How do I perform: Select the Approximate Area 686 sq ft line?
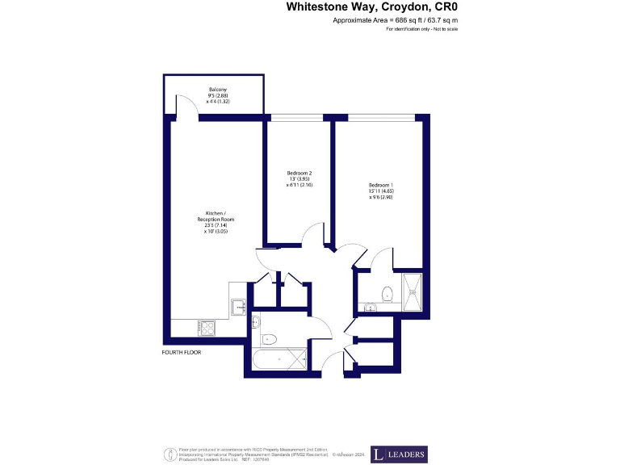(395, 19)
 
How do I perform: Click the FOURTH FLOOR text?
(182, 353)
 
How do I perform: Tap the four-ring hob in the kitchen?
(206, 328)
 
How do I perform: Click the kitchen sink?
(239, 307)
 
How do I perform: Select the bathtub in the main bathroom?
(279, 358)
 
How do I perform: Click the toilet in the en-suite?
(387, 293)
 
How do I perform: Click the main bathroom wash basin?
(256, 322)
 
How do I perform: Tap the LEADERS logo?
(399, 455)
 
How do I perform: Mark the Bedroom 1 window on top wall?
(382, 118)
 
